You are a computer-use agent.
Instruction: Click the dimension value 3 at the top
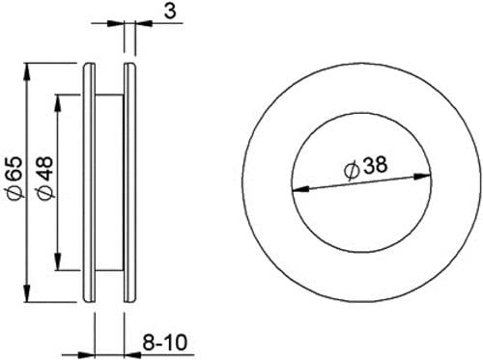point(170,12)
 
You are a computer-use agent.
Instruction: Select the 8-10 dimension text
point(164,342)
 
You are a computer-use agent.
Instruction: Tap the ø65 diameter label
point(15,178)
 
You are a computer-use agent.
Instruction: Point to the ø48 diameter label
point(44,178)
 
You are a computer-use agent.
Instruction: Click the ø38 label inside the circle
point(365,167)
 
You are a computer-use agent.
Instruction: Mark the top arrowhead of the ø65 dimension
point(27,70)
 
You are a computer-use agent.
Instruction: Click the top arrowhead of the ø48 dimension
point(58,102)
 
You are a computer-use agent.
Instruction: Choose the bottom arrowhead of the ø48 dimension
point(58,263)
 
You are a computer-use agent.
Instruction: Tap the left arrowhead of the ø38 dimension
point(299,189)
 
